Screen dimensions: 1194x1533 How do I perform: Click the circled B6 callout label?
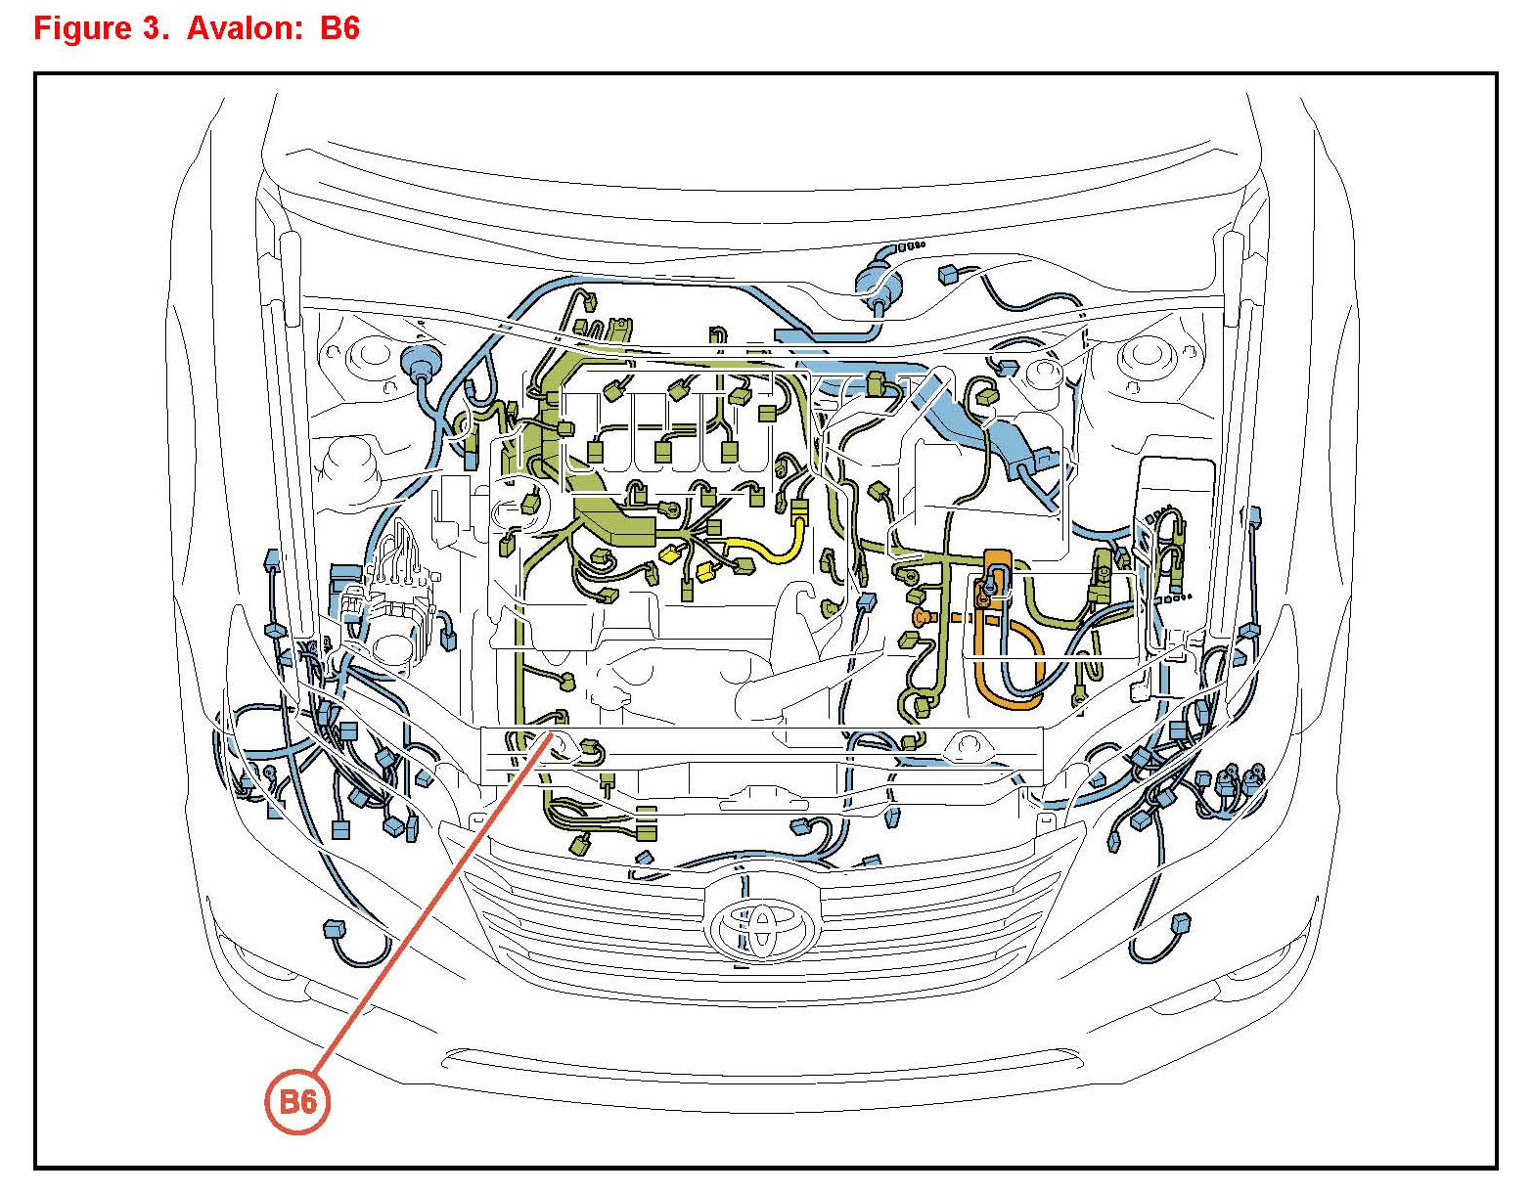coord(297,1102)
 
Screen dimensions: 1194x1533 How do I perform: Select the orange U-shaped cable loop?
coord(1008,665)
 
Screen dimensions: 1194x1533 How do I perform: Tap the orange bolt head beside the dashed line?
coord(920,617)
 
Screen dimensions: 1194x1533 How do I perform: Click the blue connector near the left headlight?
coord(335,927)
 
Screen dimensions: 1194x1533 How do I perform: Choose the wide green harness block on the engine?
coord(611,518)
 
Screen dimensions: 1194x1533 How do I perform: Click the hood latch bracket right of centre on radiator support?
coord(969,746)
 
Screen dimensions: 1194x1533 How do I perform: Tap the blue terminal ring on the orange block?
coord(993,584)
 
